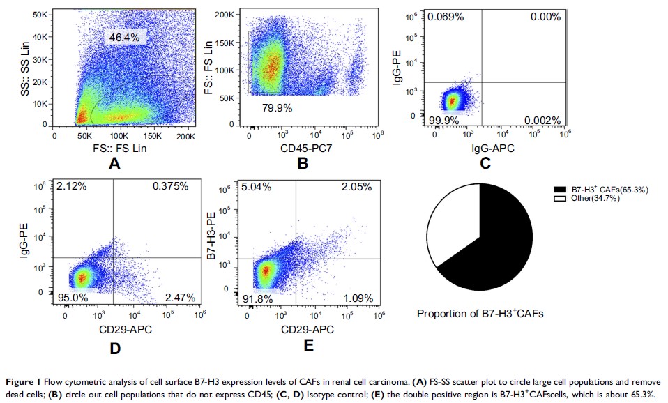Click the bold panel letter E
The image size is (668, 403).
pyautogui.click(x=308, y=343)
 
